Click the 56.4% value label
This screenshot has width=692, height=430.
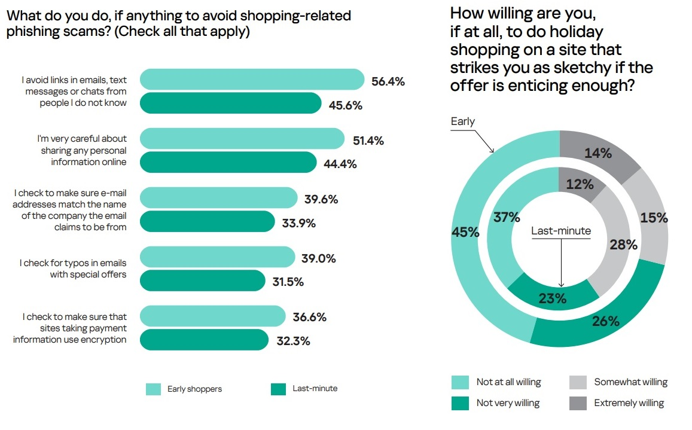pyautogui.click(x=388, y=82)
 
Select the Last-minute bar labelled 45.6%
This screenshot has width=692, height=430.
pyautogui.click(x=231, y=103)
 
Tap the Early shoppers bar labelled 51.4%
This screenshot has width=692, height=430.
pyautogui.click(x=242, y=139)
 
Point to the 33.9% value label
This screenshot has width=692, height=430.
pyautogui.click(x=298, y=224)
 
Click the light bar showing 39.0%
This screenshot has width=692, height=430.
pyautogui.click(x=218, y=257)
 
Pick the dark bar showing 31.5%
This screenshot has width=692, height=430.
pyautogui.click(x=203, y=280)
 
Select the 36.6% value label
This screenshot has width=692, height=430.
pyautogui.click(x=309, y=318)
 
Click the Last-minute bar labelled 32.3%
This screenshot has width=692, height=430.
pyautogui.click(x=204, y=340)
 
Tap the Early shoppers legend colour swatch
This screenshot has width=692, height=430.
pyautogui.click(x=154, y=389)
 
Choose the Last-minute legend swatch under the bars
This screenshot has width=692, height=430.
pyautogui.click(x=279, y=389)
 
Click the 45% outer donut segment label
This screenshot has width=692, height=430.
pyautogui.click(x=466, y=232)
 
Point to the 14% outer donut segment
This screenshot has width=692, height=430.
pyautogui.click(x=598, y=153)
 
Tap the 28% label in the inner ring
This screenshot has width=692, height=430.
pyautogui.click(x=623, y=244)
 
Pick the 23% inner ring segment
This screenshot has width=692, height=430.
pyautogui.click(x=552, y=297)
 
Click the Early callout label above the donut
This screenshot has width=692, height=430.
pyautogui.click(x=462, y=121)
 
